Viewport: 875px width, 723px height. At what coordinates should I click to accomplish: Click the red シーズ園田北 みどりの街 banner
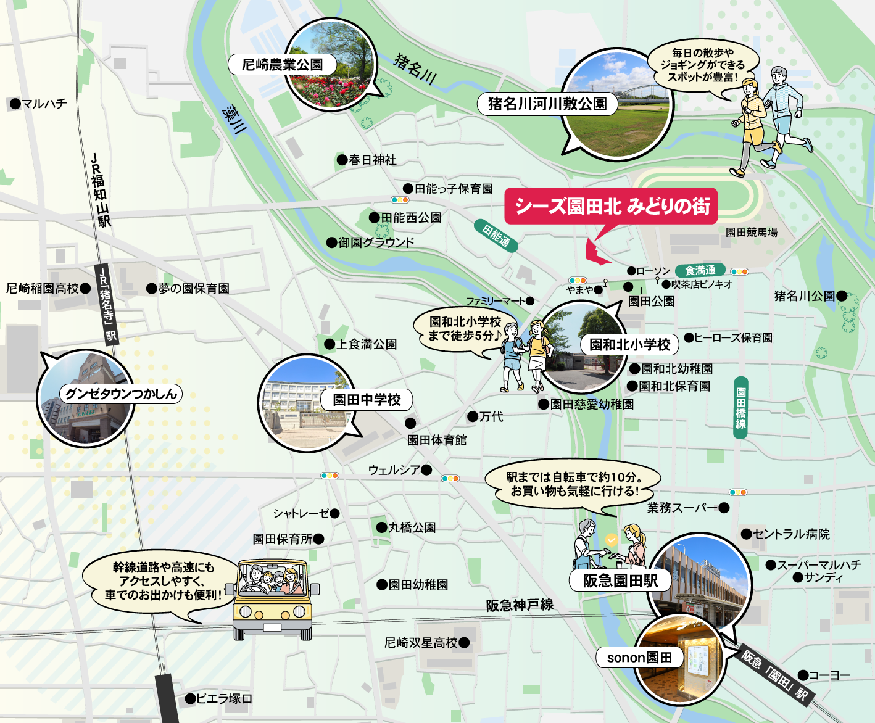coord(611,206)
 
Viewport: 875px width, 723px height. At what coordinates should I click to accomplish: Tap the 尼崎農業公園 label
coord(282,65)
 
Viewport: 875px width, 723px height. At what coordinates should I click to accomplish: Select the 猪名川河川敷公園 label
coord(547,104)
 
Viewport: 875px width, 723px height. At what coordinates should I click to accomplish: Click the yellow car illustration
coord(272,600)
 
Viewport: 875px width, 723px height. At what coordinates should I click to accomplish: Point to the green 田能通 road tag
coord(497,235)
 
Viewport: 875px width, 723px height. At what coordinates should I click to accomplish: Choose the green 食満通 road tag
coord(700,271)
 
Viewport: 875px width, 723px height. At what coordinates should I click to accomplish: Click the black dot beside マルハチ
coord(15,104)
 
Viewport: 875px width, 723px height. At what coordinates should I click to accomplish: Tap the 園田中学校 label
coord(367,400)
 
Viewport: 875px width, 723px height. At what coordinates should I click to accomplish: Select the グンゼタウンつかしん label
coord(121,394)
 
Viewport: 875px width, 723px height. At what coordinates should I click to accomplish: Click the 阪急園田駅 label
coord(620,580)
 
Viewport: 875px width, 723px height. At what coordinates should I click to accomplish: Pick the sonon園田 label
coord(639,658)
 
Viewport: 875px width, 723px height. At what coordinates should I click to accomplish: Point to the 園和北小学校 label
coord(629,344)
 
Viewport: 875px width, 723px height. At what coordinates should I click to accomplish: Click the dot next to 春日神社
coord(342,160)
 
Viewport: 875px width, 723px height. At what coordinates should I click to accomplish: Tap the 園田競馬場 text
coord(751,232)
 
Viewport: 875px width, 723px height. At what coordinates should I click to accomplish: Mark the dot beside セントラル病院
coord(746,534)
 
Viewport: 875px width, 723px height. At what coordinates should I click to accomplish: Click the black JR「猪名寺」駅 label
coord(108,304)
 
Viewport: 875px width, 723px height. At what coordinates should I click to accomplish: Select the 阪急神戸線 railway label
coord(520,605)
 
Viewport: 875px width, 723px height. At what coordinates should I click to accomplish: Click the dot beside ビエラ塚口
coord(191,699)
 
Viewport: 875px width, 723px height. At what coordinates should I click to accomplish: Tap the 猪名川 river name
coord(415,69)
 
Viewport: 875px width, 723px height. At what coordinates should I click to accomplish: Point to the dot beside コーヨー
coord(803,675)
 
